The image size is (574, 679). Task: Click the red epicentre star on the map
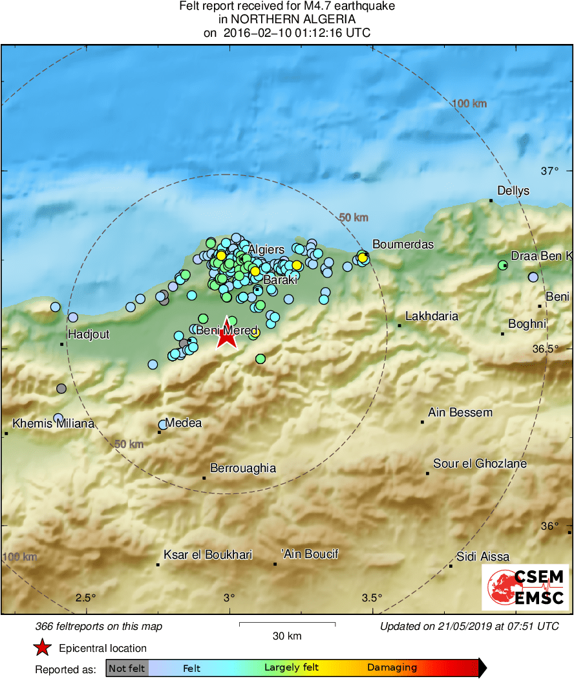226,335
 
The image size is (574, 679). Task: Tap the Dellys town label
513,191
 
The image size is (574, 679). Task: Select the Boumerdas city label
403,244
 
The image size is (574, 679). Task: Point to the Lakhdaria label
432,316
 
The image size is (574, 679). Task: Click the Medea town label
184,423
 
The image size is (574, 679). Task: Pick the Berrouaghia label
243,468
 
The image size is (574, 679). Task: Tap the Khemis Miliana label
54,424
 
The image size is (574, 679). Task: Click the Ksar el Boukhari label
207,555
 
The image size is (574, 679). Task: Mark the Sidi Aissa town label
482,556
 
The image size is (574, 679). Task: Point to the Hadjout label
89,334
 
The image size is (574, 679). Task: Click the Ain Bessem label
460,413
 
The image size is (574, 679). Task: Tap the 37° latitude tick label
549,171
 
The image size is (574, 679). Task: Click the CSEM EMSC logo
525,587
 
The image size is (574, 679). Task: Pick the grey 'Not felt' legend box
127,668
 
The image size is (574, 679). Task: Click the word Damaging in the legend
392,668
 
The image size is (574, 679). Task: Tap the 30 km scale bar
287,624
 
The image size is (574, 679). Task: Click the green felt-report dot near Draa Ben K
503,265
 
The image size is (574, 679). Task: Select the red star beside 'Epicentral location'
43,648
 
